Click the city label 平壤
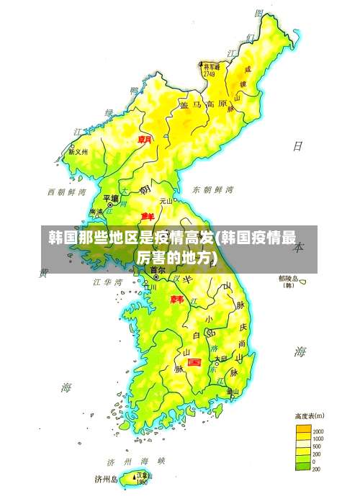110,197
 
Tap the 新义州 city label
78,153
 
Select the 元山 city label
166,201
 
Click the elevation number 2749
210,73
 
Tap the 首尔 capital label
158,270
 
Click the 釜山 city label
233,392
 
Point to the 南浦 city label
96,212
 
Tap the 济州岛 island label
107,478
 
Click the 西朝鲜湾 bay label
66,192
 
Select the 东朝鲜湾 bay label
213,190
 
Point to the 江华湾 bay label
107,282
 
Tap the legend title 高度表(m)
309,415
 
